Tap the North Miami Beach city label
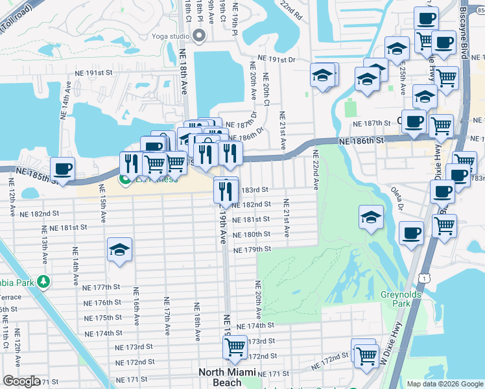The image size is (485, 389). (x=228, y=377)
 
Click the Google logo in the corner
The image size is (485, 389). (x=21, y=381)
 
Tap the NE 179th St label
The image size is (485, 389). (x=252, y=250)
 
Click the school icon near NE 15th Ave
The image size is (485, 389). (x=119, y=250)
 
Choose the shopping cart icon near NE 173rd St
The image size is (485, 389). (x=235, y=346)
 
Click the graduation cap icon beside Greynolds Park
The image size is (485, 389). (x=370, y=217)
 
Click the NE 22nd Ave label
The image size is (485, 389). (x=316, y=170)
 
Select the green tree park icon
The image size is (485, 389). (x=43, y=281)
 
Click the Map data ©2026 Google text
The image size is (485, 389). (x=444, y=384)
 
